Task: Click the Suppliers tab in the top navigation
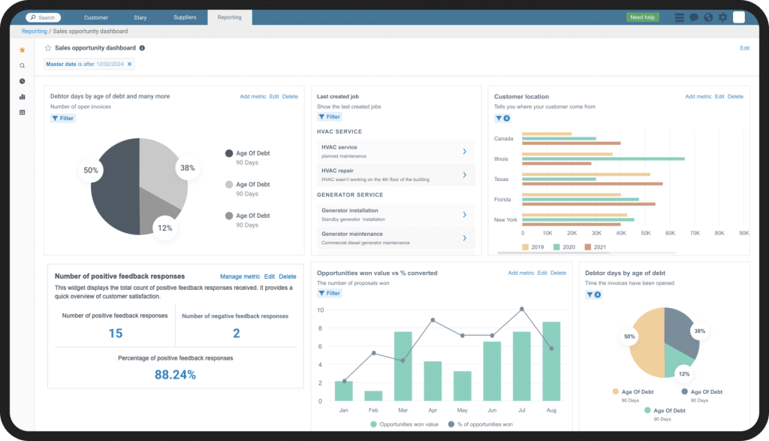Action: click(x=184, y=17)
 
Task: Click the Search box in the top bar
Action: click(x=44, y=17)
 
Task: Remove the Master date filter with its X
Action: click(x=129, y=65)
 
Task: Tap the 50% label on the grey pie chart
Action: click(x=91, y=171)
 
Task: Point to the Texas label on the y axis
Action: click(x=502, y=180)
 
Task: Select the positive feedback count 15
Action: click(x=115, y=334)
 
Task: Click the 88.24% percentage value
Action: click(x=175, y=374)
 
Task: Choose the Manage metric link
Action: click(x=240, y=276)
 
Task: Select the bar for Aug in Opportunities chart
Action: click(x=551, y=361)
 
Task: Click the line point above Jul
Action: click(x=522, y=309)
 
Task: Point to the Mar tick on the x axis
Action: click(x=403, y=410)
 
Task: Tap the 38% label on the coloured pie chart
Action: click(x=699, y=331)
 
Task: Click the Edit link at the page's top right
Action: click(x=744, y=48)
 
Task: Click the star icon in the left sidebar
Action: click(x=22, y=50)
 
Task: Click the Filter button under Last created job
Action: click(x=329, y=117)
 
